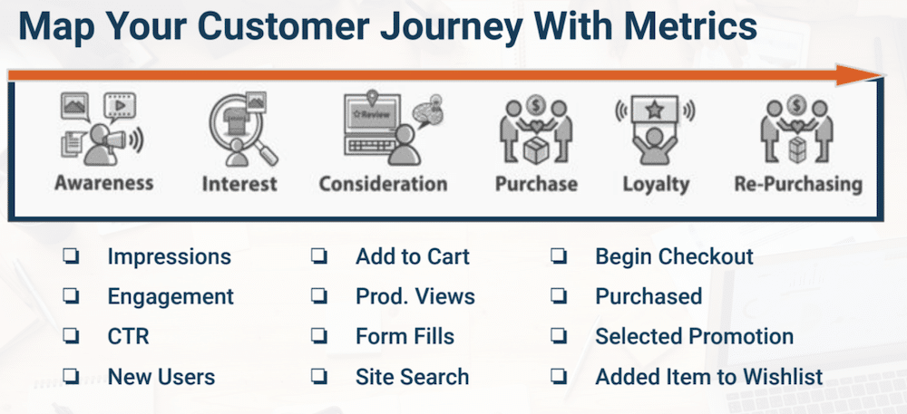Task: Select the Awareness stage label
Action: [103, 183]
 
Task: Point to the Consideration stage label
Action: [383, 184]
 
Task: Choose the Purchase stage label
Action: [536, 184]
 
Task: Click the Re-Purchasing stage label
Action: [797, 184]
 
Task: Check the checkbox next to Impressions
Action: [70, 257]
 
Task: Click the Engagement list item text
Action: [171, 296]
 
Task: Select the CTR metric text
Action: [128, 336]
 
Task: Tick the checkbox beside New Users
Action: [70, 377]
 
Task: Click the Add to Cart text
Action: [412, 256]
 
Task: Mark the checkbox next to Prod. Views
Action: [318, 297]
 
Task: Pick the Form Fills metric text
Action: [405, 336]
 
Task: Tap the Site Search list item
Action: [412, 376]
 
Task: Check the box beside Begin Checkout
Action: [559, 257]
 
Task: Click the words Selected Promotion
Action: [694, 336]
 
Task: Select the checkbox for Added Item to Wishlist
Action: [559, 377]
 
